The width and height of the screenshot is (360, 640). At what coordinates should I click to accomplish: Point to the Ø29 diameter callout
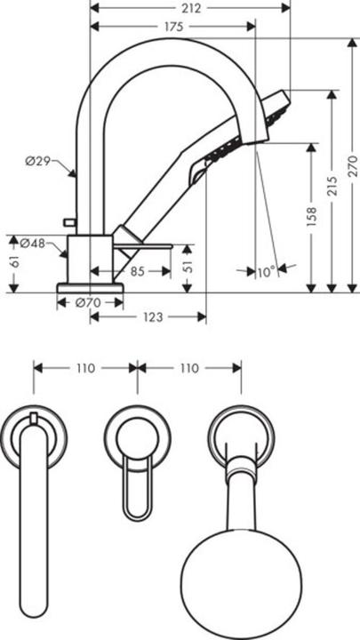pyautogui.click(x=39, y=161)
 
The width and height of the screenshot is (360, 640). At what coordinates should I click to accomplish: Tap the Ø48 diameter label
pyautogui.click(x=33, y=243)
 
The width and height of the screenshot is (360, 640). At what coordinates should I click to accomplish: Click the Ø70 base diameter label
pyautogui.click(x=86, y=302)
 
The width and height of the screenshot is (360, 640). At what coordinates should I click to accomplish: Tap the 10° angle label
pyautogui.click(x=265, y=273)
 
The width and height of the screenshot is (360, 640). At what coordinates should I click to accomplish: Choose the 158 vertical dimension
pyautogui.click(x=311, y=219)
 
